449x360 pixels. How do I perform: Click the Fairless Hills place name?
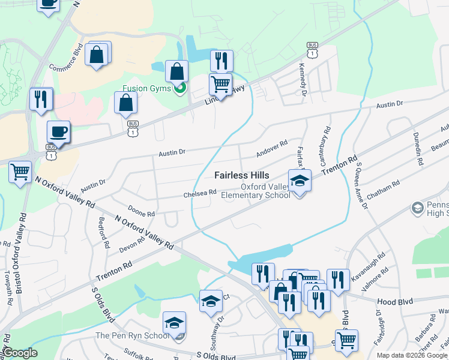242,175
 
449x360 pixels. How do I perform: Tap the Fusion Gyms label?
147,88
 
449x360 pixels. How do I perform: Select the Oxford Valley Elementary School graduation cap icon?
300,179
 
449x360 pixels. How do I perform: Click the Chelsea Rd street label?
200,193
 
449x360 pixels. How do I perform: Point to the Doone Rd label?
142,214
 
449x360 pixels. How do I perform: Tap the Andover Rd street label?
272,148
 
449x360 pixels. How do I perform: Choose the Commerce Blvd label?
64,58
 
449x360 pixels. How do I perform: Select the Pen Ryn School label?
133,335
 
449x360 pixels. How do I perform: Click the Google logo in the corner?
20,353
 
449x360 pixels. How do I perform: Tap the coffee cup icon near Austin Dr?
58,131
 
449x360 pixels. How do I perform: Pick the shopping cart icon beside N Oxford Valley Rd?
20,172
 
